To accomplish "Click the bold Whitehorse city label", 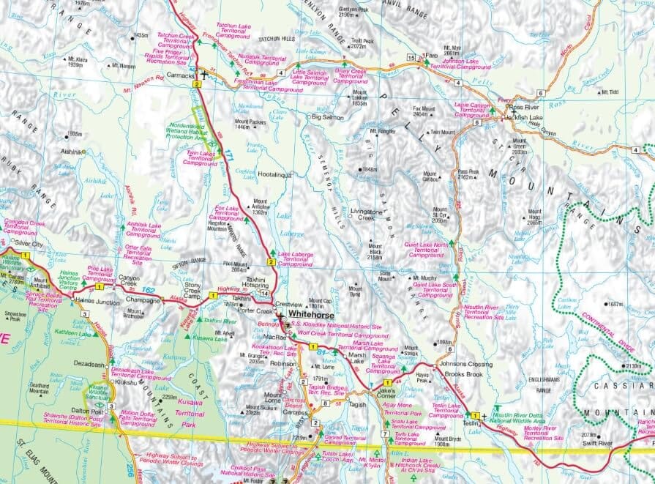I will (x=315, y=316).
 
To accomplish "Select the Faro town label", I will (x=432, y=55).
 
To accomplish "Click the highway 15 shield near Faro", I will (x=411, y=56).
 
